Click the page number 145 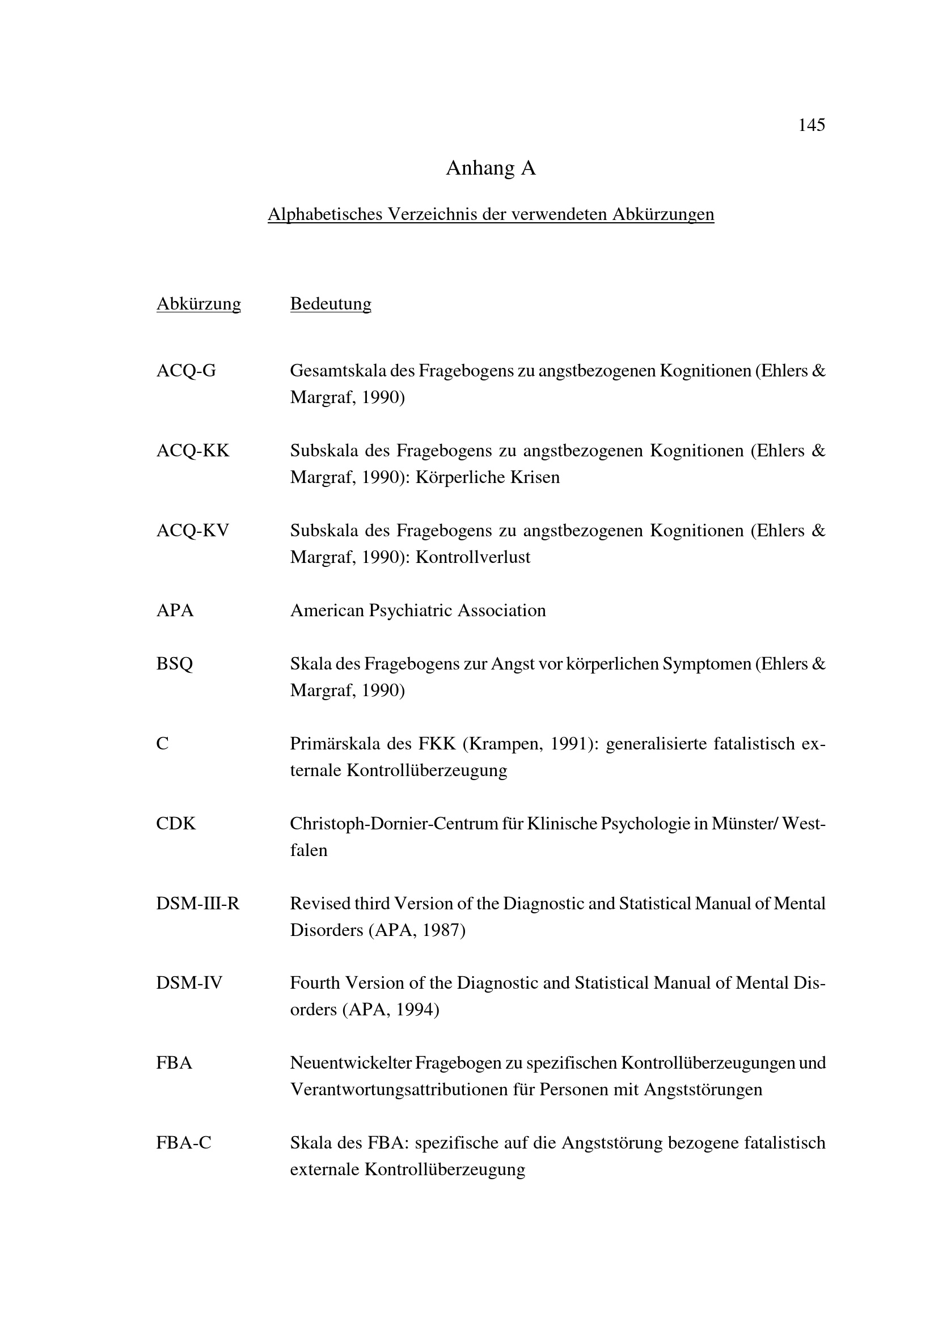point(811,125)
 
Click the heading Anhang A point(491,168)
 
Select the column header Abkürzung point(198,304)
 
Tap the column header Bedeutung point(331,304)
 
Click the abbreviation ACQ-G point(186,371)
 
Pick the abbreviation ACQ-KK point(192,451)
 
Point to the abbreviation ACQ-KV point(192,530)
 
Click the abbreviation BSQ point(175,664)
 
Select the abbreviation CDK point(176,824)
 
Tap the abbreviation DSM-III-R point(197,903)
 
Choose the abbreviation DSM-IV point(189,983)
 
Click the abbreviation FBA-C point(184,1143)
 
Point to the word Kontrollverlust point(472,557)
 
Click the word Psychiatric point(412,611)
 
